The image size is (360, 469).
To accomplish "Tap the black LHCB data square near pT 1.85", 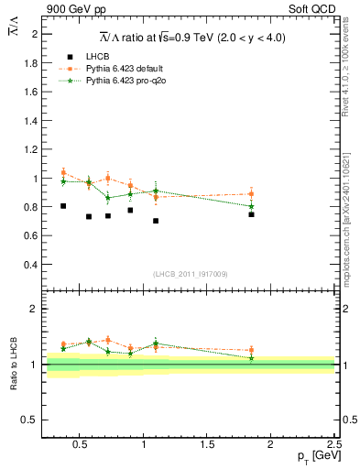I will click(x=251, y=214).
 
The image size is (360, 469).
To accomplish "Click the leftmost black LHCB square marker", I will click(x=63, y=206).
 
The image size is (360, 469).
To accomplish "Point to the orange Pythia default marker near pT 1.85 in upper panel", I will click(x=251, y=194).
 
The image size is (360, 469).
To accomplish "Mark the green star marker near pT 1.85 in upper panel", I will click(x=251, y=206).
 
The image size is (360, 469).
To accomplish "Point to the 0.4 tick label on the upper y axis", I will click(x=32, y=265).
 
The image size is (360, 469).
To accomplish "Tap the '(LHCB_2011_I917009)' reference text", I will click(x=191, y=274).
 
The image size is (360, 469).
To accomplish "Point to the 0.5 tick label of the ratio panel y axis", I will click(x=32, y=420).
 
